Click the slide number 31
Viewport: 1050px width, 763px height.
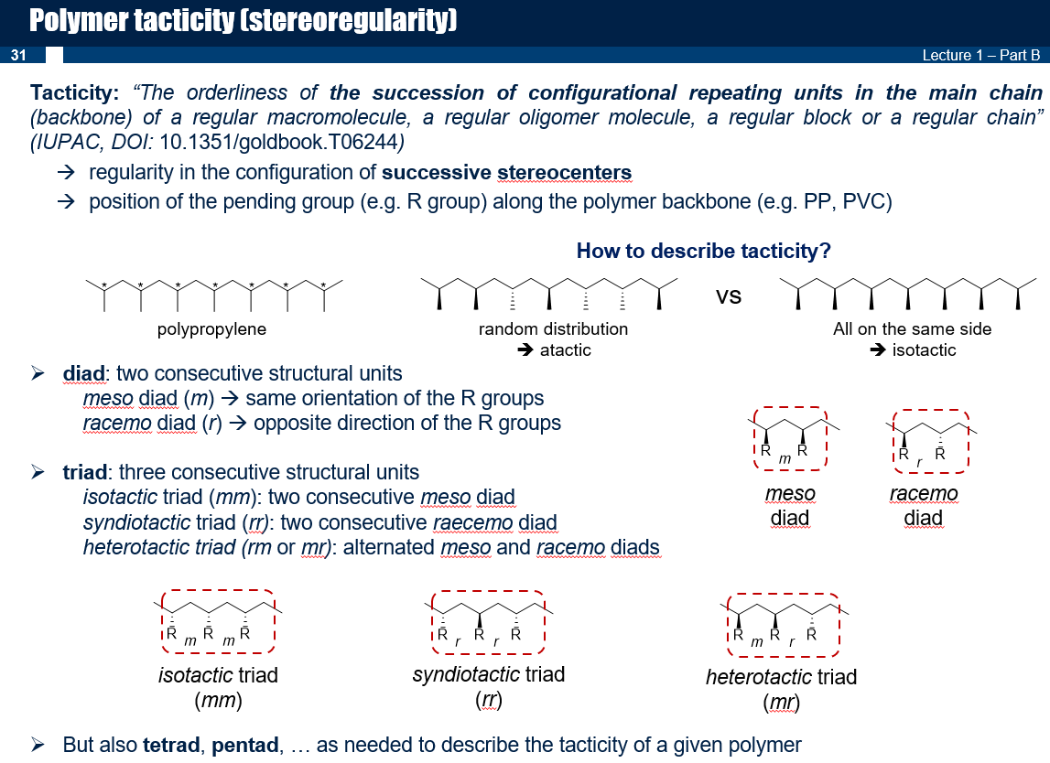pyautogui.click(x=18, y=55)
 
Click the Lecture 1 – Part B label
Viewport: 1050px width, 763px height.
pyautogui.click(x=981, y=55)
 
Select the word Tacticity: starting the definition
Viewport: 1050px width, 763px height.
pyautogui.click(x=74, y=92)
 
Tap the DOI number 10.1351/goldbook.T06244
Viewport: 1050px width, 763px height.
pyautogui.click(x=278, y=142)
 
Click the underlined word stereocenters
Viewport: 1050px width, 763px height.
pyautogui.click(x=564, y=173)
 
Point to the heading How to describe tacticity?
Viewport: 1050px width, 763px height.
pyautogui.click(x=703, y=251)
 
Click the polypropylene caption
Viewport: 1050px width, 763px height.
pyautogui.click(x=211, y=329)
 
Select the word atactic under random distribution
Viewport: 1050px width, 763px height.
pyautogui.click(x=565, y=350)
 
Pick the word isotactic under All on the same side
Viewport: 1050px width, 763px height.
pyautogui.click(x=924, y=350)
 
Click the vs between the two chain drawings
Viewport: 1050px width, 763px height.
pyautogui.click(x=729, y=296)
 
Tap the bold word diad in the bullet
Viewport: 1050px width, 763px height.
pyautogui.click(x=83, y=373)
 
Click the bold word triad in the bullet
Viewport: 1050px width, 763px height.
pyautogui.click(x=84, y=472)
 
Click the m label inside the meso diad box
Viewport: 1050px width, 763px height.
pyautogui.click(x=785, y=459)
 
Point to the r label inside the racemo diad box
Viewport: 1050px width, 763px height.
pyautogui.click(x=919, y=462)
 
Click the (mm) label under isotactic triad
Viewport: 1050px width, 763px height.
pyautogui.click(x=218, y=701)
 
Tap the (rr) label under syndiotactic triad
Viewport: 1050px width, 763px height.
pyautogui.click(x=489, y=701)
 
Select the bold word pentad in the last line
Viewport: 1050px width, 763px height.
pyautogui.click(x=245, y=745)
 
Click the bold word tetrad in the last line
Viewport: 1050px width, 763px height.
pyautogui.click(x=171, y=745)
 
